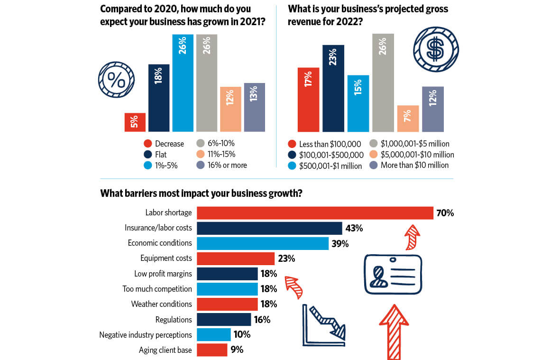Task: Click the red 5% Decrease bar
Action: pyautogui.click(x=135, y=122)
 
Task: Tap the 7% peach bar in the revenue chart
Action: pyautogui.click(x=408, y=119)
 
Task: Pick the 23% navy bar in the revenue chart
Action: pyautogui.click(x=333, y=88)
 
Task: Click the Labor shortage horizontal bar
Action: pyautogui.click(x=315, y=213)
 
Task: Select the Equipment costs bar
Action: pyautogui.click(x=235, y=258)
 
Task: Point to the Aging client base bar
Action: pyautogui.click(x=211, y=350)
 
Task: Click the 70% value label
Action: pyautogui.click(x=445, y=213)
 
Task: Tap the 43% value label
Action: pyautogui.click(x=354, y=229)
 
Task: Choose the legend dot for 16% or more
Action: pyautogui.click(x=200, y=165)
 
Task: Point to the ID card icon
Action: pyautogui.click(x=393, y=274)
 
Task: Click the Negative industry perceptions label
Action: pyautogui.click(x=146, y=335)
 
